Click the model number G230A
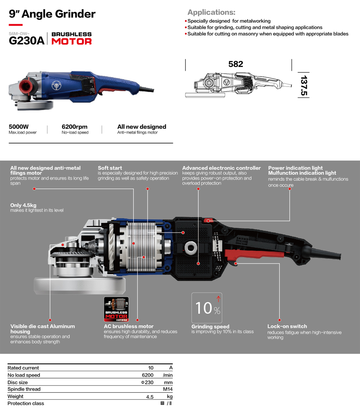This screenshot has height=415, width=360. coord(27,41)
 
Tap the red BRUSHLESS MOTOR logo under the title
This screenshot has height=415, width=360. coord(71,38)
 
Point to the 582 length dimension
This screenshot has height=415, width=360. coord(236,64)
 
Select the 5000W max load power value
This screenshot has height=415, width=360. coord(19,127)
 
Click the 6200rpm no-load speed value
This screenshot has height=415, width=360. coord(75,127)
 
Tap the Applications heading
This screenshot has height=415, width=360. coord(211,12)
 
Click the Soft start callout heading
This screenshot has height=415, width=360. coord(110,168)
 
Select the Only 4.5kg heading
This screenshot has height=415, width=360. coord(23,205)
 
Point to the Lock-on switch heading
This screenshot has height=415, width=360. coord(287,326)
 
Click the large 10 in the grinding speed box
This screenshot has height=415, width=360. coord(204,308)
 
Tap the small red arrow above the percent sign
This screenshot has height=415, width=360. coord(218,299)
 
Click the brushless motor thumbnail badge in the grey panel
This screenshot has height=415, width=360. coord(116,309)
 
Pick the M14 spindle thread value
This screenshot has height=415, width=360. coord(168,389)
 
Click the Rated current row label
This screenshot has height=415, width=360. coord(23,368)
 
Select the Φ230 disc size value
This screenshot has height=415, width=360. coord(147,382)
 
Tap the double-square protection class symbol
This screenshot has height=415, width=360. coord(162,403)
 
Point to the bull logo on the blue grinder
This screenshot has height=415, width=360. coord(56,86)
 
